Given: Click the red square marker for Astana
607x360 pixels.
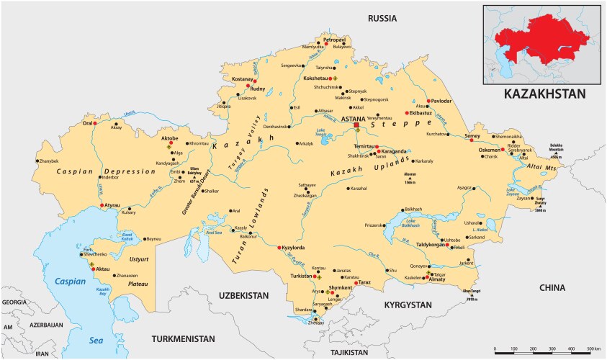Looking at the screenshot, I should pos(356,125).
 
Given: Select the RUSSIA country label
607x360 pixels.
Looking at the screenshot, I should pos(382,17).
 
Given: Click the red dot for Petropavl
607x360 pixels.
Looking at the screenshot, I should pos(326,44).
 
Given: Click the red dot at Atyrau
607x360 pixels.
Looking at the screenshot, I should pos(102,207).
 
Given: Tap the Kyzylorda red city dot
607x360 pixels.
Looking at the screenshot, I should pos(279,248).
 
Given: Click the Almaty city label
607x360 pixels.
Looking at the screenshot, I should pos(437,279).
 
